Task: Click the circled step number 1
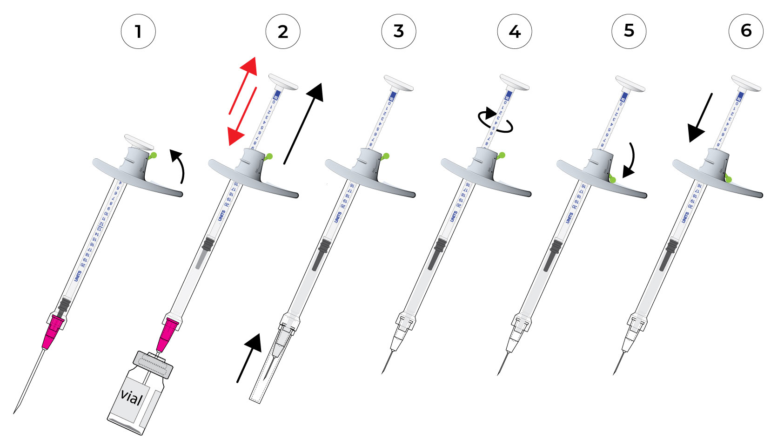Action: pyautogui.click(x=138, y=32)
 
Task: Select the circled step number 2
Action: pyautogui.click(x=283, y=32)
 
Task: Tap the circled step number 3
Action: pyautogui.click(x=399, y=31)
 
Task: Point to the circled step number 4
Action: pyautogui.click(x=515, y=32)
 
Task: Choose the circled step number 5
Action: pyautogui.click(x=629, y=31)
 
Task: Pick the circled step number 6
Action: pyautogui.click(x=746, y=31)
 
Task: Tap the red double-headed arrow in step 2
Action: pyautogui.click(x=243, y=101)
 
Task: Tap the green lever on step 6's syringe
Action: pyautogui.click(x=728, y=178)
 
